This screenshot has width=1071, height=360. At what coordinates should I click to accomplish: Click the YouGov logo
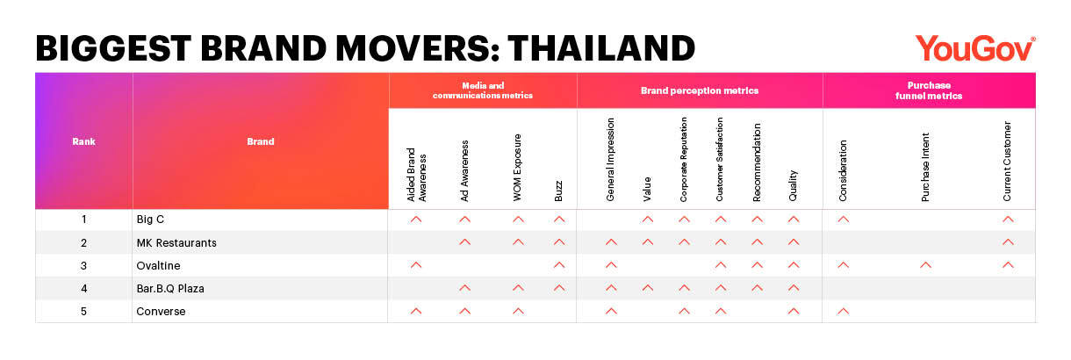(975, 48)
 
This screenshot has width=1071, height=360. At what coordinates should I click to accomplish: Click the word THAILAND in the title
(601, 48)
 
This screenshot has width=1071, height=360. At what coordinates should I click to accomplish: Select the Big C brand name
(150, 220)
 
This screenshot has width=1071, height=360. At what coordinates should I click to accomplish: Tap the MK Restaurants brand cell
(176, 243)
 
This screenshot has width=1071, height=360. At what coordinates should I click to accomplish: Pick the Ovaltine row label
(158, 266)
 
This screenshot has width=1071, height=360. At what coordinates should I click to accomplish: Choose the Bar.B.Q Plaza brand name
(170, 289)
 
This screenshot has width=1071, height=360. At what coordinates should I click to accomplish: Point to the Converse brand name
(161, 312)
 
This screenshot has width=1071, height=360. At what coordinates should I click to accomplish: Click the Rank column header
(83, 141)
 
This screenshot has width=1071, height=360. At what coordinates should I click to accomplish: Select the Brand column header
(261, 141)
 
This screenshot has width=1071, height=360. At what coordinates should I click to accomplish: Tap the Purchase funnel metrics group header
(929, 90)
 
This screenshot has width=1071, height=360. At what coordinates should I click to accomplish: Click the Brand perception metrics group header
(700, 90)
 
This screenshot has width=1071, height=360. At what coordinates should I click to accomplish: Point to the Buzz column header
(558, 191)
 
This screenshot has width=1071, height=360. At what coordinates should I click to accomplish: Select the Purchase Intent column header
(925, 167)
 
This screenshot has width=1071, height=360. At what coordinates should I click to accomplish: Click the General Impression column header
(611, 160)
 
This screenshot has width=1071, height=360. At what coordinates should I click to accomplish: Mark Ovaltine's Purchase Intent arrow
(925, 265)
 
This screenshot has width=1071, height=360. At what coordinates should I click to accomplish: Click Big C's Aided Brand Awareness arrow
(416, 220)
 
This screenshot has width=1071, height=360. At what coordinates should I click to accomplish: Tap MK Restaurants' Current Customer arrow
(1008, 242)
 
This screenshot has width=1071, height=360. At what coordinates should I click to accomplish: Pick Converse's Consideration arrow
(843, 311)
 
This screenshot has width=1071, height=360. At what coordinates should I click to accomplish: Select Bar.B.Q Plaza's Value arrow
(647, 288)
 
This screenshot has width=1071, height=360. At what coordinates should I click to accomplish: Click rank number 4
(84, 289)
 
